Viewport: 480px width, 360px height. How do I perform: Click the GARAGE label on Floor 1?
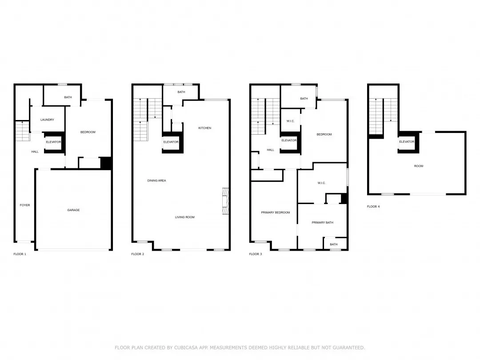[x=73, y=210]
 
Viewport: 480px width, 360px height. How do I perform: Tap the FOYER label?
[x=25, y=205]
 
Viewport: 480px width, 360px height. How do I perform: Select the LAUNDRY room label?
[x=47, y=120]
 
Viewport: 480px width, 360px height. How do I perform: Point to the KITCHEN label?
[x=205, y=128]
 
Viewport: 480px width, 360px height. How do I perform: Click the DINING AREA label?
[x=156, y=181]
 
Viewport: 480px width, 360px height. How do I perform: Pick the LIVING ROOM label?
[x=184, y=217]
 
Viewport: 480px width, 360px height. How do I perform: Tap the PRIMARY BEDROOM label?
[x=275, y=213]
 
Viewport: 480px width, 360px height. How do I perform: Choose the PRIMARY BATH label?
[x=322, y=223]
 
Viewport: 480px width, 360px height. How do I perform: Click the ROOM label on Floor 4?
[x=419, y=166]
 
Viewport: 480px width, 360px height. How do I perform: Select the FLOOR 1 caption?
[x=20, y=254]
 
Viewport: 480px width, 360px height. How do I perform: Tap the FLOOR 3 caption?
[x=256, y=254]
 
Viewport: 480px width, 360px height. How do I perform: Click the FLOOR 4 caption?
[x=373, y=207]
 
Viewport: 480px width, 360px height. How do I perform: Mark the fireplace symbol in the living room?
[x=225, y=202]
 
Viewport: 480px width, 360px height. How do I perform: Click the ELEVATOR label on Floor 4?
[x=407, y=142]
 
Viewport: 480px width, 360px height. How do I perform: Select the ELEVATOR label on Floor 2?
[x=171, y=142]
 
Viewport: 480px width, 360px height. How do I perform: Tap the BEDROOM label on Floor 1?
[x=88, y=132]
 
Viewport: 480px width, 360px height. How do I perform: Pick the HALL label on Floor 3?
[x=270, y=150]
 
